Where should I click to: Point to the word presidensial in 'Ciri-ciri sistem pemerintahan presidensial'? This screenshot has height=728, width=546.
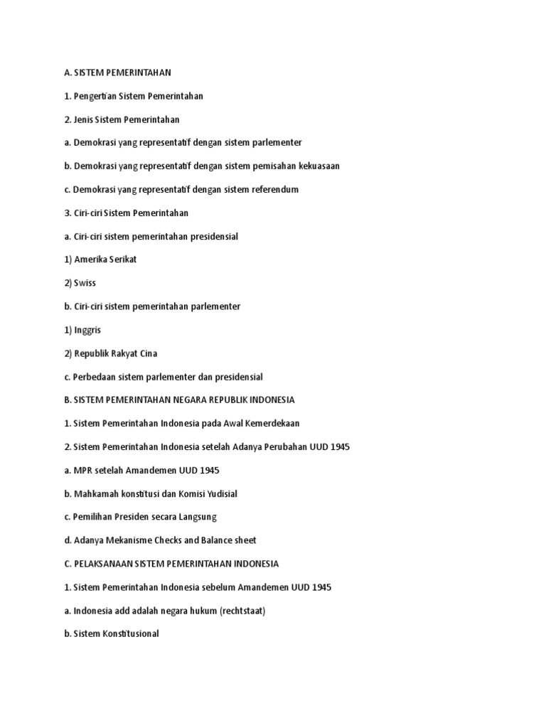[x=213, y=236]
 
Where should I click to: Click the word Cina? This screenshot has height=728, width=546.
[x=148, y=353]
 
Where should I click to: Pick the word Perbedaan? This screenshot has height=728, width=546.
[x=96, y=377]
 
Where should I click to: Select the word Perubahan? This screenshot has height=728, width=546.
[x=276, y=446]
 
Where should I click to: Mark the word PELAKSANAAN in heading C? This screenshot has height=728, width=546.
[x=102, y=564]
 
